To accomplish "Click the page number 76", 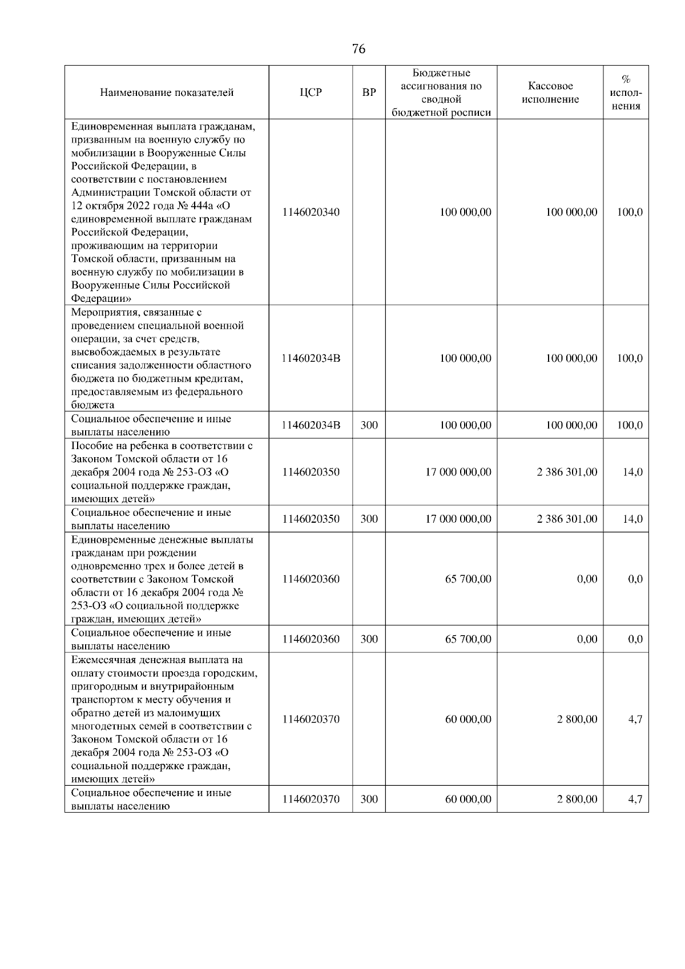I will pos(358,49).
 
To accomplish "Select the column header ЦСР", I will pos(311,92).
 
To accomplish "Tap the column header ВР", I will pos(369,92).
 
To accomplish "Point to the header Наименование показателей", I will pos(167,92).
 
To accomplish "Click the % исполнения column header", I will pos(626,92).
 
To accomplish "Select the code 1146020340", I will pos(311,212).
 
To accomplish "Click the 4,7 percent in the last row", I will pos(635,800).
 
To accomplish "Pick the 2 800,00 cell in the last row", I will pos(577,800).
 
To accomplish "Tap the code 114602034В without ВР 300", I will pos(311,358).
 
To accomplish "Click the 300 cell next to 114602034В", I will pos(369,425).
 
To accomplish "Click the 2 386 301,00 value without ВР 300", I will pos(567,472).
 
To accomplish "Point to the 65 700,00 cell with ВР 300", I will pos(468,639).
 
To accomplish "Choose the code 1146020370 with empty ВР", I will pos(311,719).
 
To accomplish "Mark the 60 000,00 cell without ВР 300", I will pos(468,719).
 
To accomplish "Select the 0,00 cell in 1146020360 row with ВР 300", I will pos(587,639).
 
